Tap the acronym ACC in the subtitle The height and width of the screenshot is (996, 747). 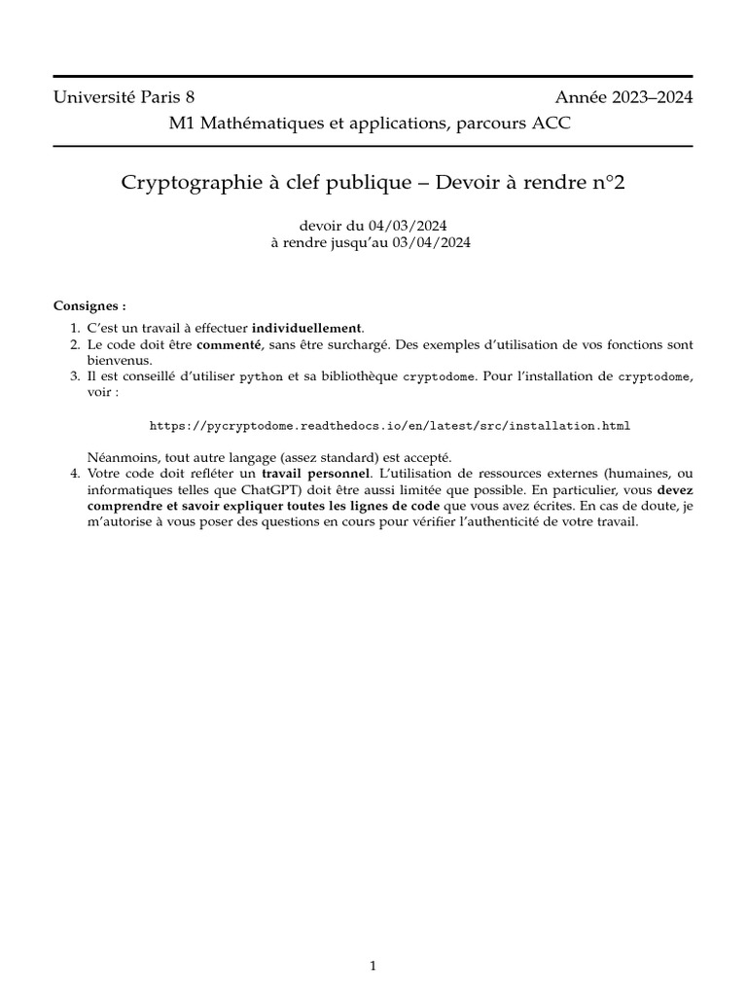552,124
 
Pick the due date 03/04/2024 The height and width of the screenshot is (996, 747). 432,243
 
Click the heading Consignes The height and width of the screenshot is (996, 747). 89,305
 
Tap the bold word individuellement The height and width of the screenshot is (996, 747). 306,328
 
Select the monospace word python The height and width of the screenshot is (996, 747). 262,375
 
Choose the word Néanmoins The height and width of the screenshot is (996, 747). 117,456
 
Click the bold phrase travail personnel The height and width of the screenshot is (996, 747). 318,473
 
